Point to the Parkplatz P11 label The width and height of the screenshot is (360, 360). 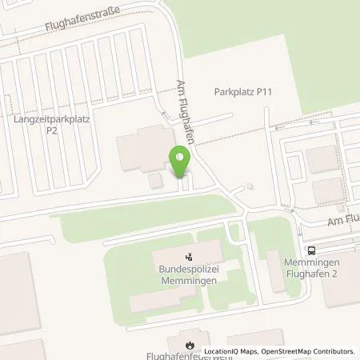[x=244, y=92]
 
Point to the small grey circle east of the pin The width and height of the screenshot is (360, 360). [x=250, y=187]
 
